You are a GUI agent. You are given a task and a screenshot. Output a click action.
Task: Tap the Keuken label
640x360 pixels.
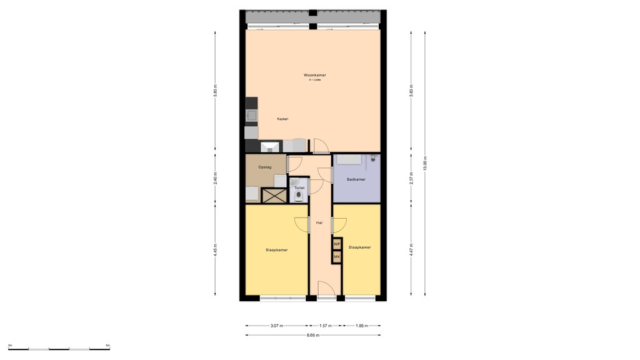pyautogui.click(x=282, y=119)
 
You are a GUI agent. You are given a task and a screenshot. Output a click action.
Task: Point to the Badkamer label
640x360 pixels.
pyautogui.click(x=356, y=180)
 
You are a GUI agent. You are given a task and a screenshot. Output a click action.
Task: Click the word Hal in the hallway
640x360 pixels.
pyautogui.click(x=319, y=222)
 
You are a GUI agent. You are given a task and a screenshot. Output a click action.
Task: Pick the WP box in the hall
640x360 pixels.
pyautogui.click(x=337, y=244)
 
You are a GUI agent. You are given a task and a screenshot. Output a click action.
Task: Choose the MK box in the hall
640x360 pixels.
pyautogui.click(x=337, y=256)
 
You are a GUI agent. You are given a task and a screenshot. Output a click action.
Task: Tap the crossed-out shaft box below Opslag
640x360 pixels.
pyautogui.click(x=274, y=195)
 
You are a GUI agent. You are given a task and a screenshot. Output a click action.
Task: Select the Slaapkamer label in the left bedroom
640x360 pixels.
pyautogui.click(x=276, y=250)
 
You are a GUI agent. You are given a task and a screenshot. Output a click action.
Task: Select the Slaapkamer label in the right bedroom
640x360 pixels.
pyautogui.click(x=359, y=247)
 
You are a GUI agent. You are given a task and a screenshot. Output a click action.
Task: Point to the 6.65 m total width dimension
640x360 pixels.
pyautogui.click(x=313, y=336)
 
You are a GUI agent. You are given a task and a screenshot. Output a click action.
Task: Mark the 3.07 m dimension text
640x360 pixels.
pyautogui.click(x=276, y=326)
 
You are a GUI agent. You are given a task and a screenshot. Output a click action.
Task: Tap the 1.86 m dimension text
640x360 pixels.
pyautogui.click(x=361, y=326)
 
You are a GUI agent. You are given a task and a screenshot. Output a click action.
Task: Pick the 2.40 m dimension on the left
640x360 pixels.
pyautogui.click(x=216, y=179)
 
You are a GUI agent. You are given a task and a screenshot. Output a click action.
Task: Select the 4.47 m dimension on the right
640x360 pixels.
pyautogui.click(x=411, y=250)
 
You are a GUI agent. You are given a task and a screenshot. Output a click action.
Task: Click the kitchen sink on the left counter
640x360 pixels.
pyautogui.click(x=251, y=116)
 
